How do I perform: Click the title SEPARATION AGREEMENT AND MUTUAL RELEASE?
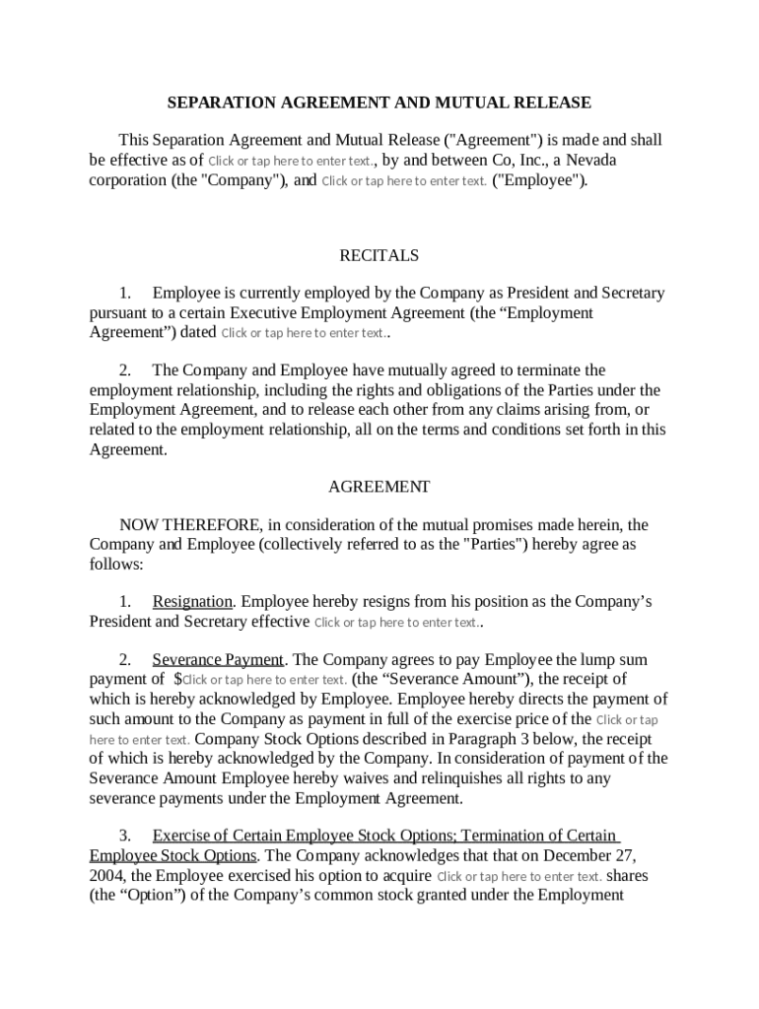379,102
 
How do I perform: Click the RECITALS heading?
379,255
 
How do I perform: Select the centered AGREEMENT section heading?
379,487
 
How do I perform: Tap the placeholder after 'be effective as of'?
290,161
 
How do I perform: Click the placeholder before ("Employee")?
404,180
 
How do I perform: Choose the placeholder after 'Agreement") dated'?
304,333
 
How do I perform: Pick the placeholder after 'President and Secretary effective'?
396,623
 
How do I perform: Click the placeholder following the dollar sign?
264,680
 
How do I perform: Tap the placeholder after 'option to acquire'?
518,877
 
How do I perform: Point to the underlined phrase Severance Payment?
218,659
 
